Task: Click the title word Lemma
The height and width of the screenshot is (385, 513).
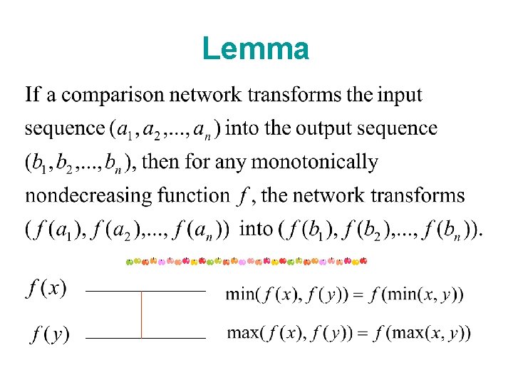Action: [x=256, y=49]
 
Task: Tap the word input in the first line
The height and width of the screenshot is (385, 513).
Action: [x=400, y=95]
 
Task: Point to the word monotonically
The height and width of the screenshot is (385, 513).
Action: [x=311, y=163]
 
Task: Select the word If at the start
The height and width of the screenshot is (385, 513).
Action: [x=33, y=95]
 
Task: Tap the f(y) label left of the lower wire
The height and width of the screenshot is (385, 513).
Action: [x=49, y=333]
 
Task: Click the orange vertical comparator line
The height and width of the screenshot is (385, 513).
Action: [x=141, y=314]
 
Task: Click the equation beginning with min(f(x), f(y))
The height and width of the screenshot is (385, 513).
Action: [x=344, y=294]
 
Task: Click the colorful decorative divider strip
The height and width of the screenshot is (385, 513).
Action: [x=247, y=262]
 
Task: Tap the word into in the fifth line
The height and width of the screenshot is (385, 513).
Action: [x=256, y=229]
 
